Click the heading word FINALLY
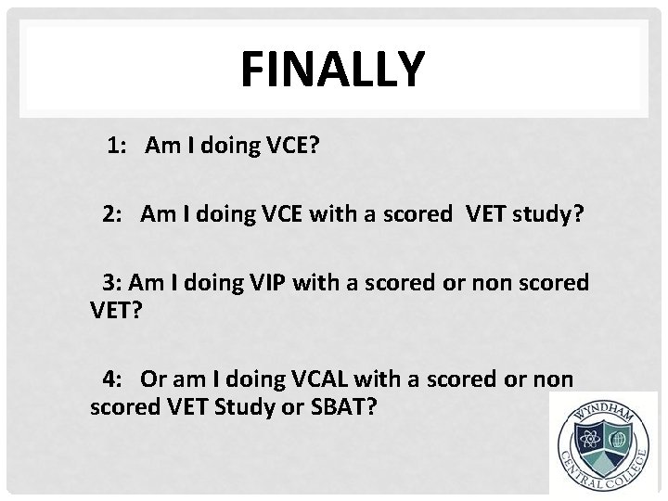(x=332, y=69)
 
